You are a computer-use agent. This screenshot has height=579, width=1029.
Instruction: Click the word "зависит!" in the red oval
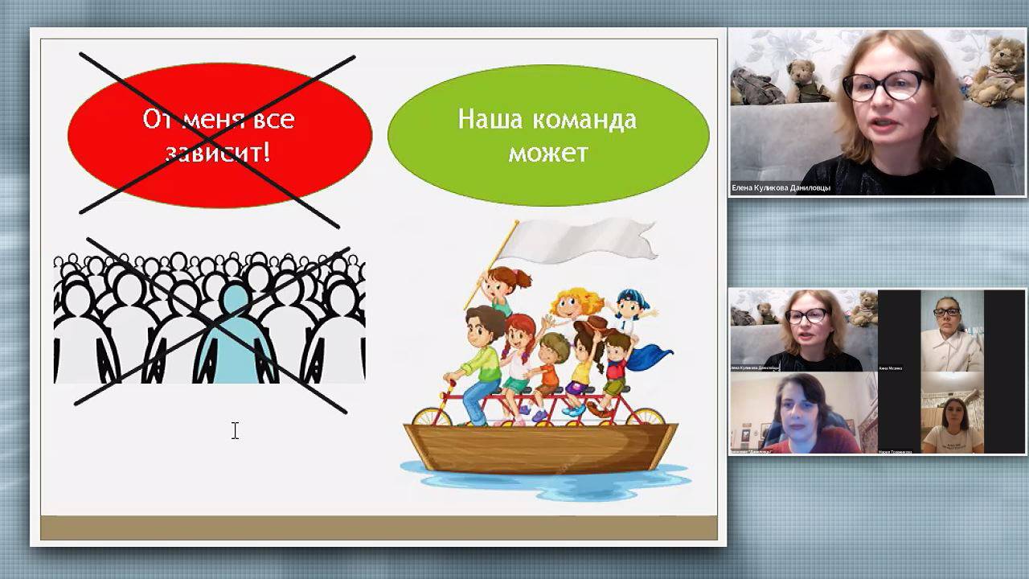point(218,152)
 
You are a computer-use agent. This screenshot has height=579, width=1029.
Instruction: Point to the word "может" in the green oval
point(547,152)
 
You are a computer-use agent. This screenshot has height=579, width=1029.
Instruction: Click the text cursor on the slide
point(235,431)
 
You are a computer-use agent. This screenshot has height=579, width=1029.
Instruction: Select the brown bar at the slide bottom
point(379,528)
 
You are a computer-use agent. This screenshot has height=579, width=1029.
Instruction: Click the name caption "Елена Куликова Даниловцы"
point(781,188)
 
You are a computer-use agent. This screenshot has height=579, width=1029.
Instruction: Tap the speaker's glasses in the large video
point(885,85)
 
